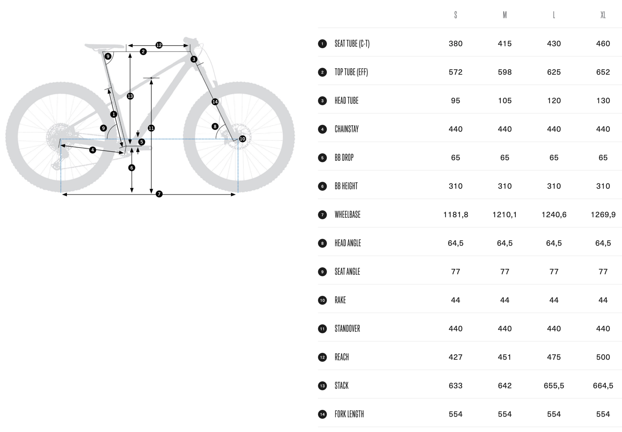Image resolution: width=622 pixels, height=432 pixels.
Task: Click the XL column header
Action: [603, 15]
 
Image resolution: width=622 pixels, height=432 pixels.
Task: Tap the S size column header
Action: [456, 15]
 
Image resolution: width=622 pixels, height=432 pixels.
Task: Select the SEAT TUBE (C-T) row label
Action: [352, 44]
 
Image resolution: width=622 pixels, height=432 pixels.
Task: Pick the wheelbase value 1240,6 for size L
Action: [554, 215]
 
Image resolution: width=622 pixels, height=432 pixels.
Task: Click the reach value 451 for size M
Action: [504, 357]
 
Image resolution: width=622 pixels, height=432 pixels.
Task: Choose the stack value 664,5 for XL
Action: [603, 386]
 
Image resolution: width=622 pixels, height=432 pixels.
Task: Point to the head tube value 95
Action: [456, 101]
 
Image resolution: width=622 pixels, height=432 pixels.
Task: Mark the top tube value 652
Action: [603, 72]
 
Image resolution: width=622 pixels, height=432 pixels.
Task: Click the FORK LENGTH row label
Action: [349, 414]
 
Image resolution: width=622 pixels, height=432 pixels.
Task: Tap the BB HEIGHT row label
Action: [346, 186]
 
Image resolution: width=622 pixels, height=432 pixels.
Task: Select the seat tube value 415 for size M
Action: [504, 44]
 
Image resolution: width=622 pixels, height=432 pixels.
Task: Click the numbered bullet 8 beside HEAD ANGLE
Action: [322, 243]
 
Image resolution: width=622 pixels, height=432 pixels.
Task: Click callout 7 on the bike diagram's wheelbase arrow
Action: [159, 194]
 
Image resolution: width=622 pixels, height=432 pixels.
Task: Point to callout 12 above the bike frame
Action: [159, 45]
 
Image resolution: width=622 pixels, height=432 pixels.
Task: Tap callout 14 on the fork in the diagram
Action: [215, 102]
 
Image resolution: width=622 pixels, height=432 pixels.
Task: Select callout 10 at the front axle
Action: [242, 139]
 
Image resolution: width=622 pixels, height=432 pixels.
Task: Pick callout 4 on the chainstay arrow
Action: [93, 150]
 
